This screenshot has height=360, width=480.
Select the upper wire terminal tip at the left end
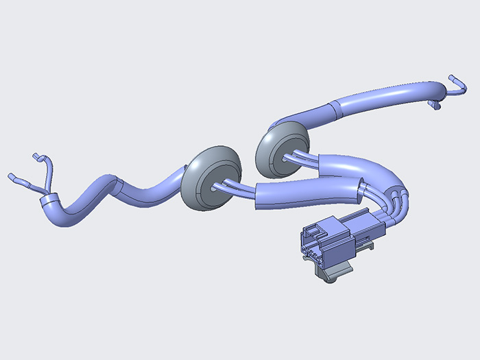pyautogui.click(x=36, y=157)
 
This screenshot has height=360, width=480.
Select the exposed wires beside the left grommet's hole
pyautogui.click(x=233, y=185)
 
